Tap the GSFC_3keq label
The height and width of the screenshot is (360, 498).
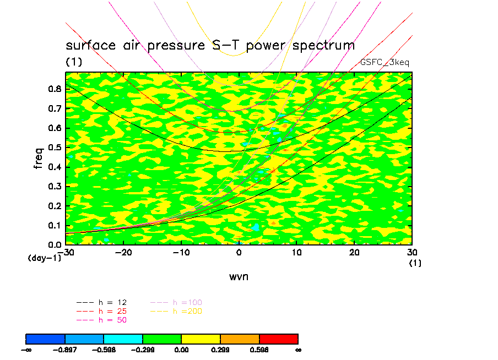[385, 63]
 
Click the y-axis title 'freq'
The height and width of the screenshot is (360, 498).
[38, 158]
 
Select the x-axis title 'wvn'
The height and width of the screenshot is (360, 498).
[239, 276]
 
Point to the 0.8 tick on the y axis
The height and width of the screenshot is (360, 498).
[53, 89]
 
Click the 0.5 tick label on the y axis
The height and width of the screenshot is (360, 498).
[53, 148]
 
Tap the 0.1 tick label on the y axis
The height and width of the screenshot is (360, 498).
[53, 225]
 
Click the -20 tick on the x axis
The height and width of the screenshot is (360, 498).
[123, 252]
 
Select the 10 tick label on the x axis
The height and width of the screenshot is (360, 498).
[296, 252]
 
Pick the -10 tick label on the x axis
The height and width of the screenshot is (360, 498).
[181, 252]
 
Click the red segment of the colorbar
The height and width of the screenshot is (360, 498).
[279, 339]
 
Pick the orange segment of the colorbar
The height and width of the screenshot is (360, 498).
[240, 339]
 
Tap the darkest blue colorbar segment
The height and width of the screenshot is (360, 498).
[46, 339]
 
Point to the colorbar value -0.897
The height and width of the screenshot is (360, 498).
[65, 350]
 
